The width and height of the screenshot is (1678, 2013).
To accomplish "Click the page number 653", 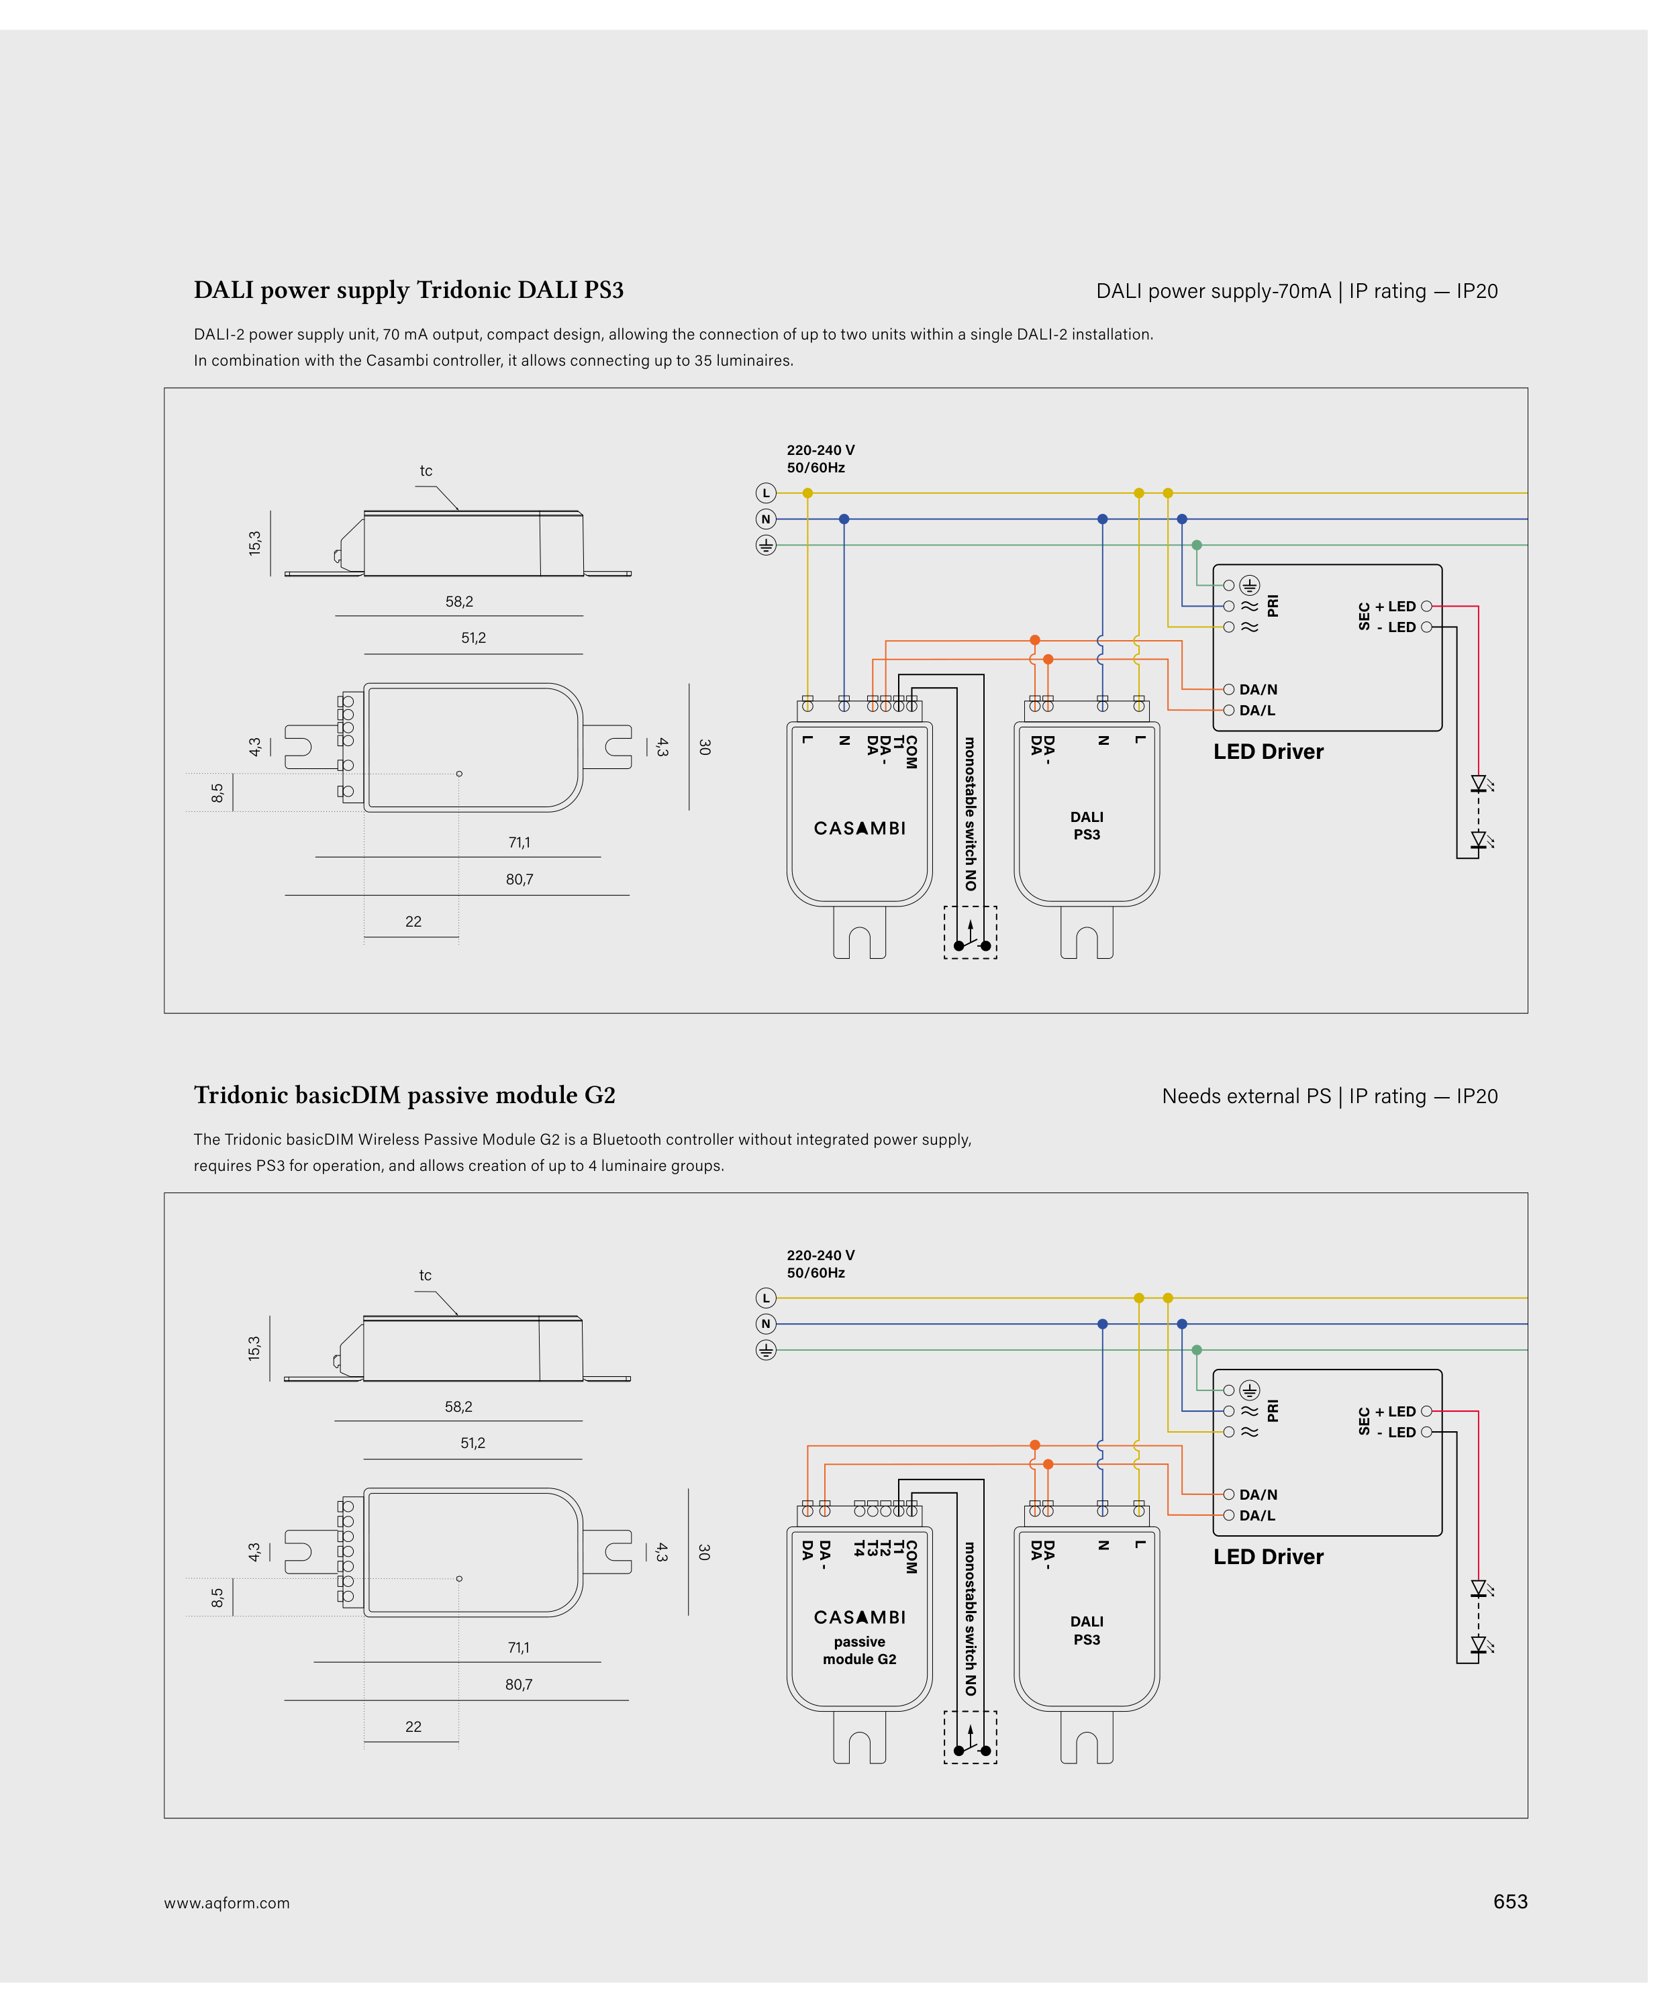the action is (x=1510, y=1902).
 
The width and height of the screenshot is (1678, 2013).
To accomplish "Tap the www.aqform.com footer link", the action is (x=226, y=1904).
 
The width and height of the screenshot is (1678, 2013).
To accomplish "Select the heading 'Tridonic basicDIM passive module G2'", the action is (x=405, y=1094).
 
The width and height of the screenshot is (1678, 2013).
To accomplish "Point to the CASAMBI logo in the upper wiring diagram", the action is (x=859, y=828).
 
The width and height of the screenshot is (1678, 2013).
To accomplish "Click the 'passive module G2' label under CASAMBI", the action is (x=859, y=1651).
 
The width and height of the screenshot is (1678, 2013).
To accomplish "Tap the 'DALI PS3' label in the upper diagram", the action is (x=1087, y=825).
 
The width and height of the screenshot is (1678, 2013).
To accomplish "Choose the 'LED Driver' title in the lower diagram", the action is (x=1268, y=1557).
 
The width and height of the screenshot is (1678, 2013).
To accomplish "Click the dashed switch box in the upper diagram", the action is (x=971, y=932).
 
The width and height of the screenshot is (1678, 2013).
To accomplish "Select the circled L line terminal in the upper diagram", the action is (x=765, y=493).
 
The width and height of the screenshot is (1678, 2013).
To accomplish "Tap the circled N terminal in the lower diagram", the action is (x=765, y=1324).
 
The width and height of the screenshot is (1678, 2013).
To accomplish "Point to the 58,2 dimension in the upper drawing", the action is (x=459, y=602).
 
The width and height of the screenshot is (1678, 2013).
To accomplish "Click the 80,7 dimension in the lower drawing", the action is (x=519, y=1684).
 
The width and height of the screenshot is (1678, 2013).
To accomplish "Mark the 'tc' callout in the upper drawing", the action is (x=426, y=470).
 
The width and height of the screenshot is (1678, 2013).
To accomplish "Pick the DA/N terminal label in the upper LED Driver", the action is (x=1258, y=689).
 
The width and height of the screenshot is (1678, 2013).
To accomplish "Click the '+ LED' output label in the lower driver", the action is (x=1395, y=1411).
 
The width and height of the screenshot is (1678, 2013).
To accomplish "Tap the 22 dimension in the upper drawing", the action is (x=413, y=921).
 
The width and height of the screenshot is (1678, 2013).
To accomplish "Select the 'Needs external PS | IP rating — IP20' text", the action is (x=1330, y=1096).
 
